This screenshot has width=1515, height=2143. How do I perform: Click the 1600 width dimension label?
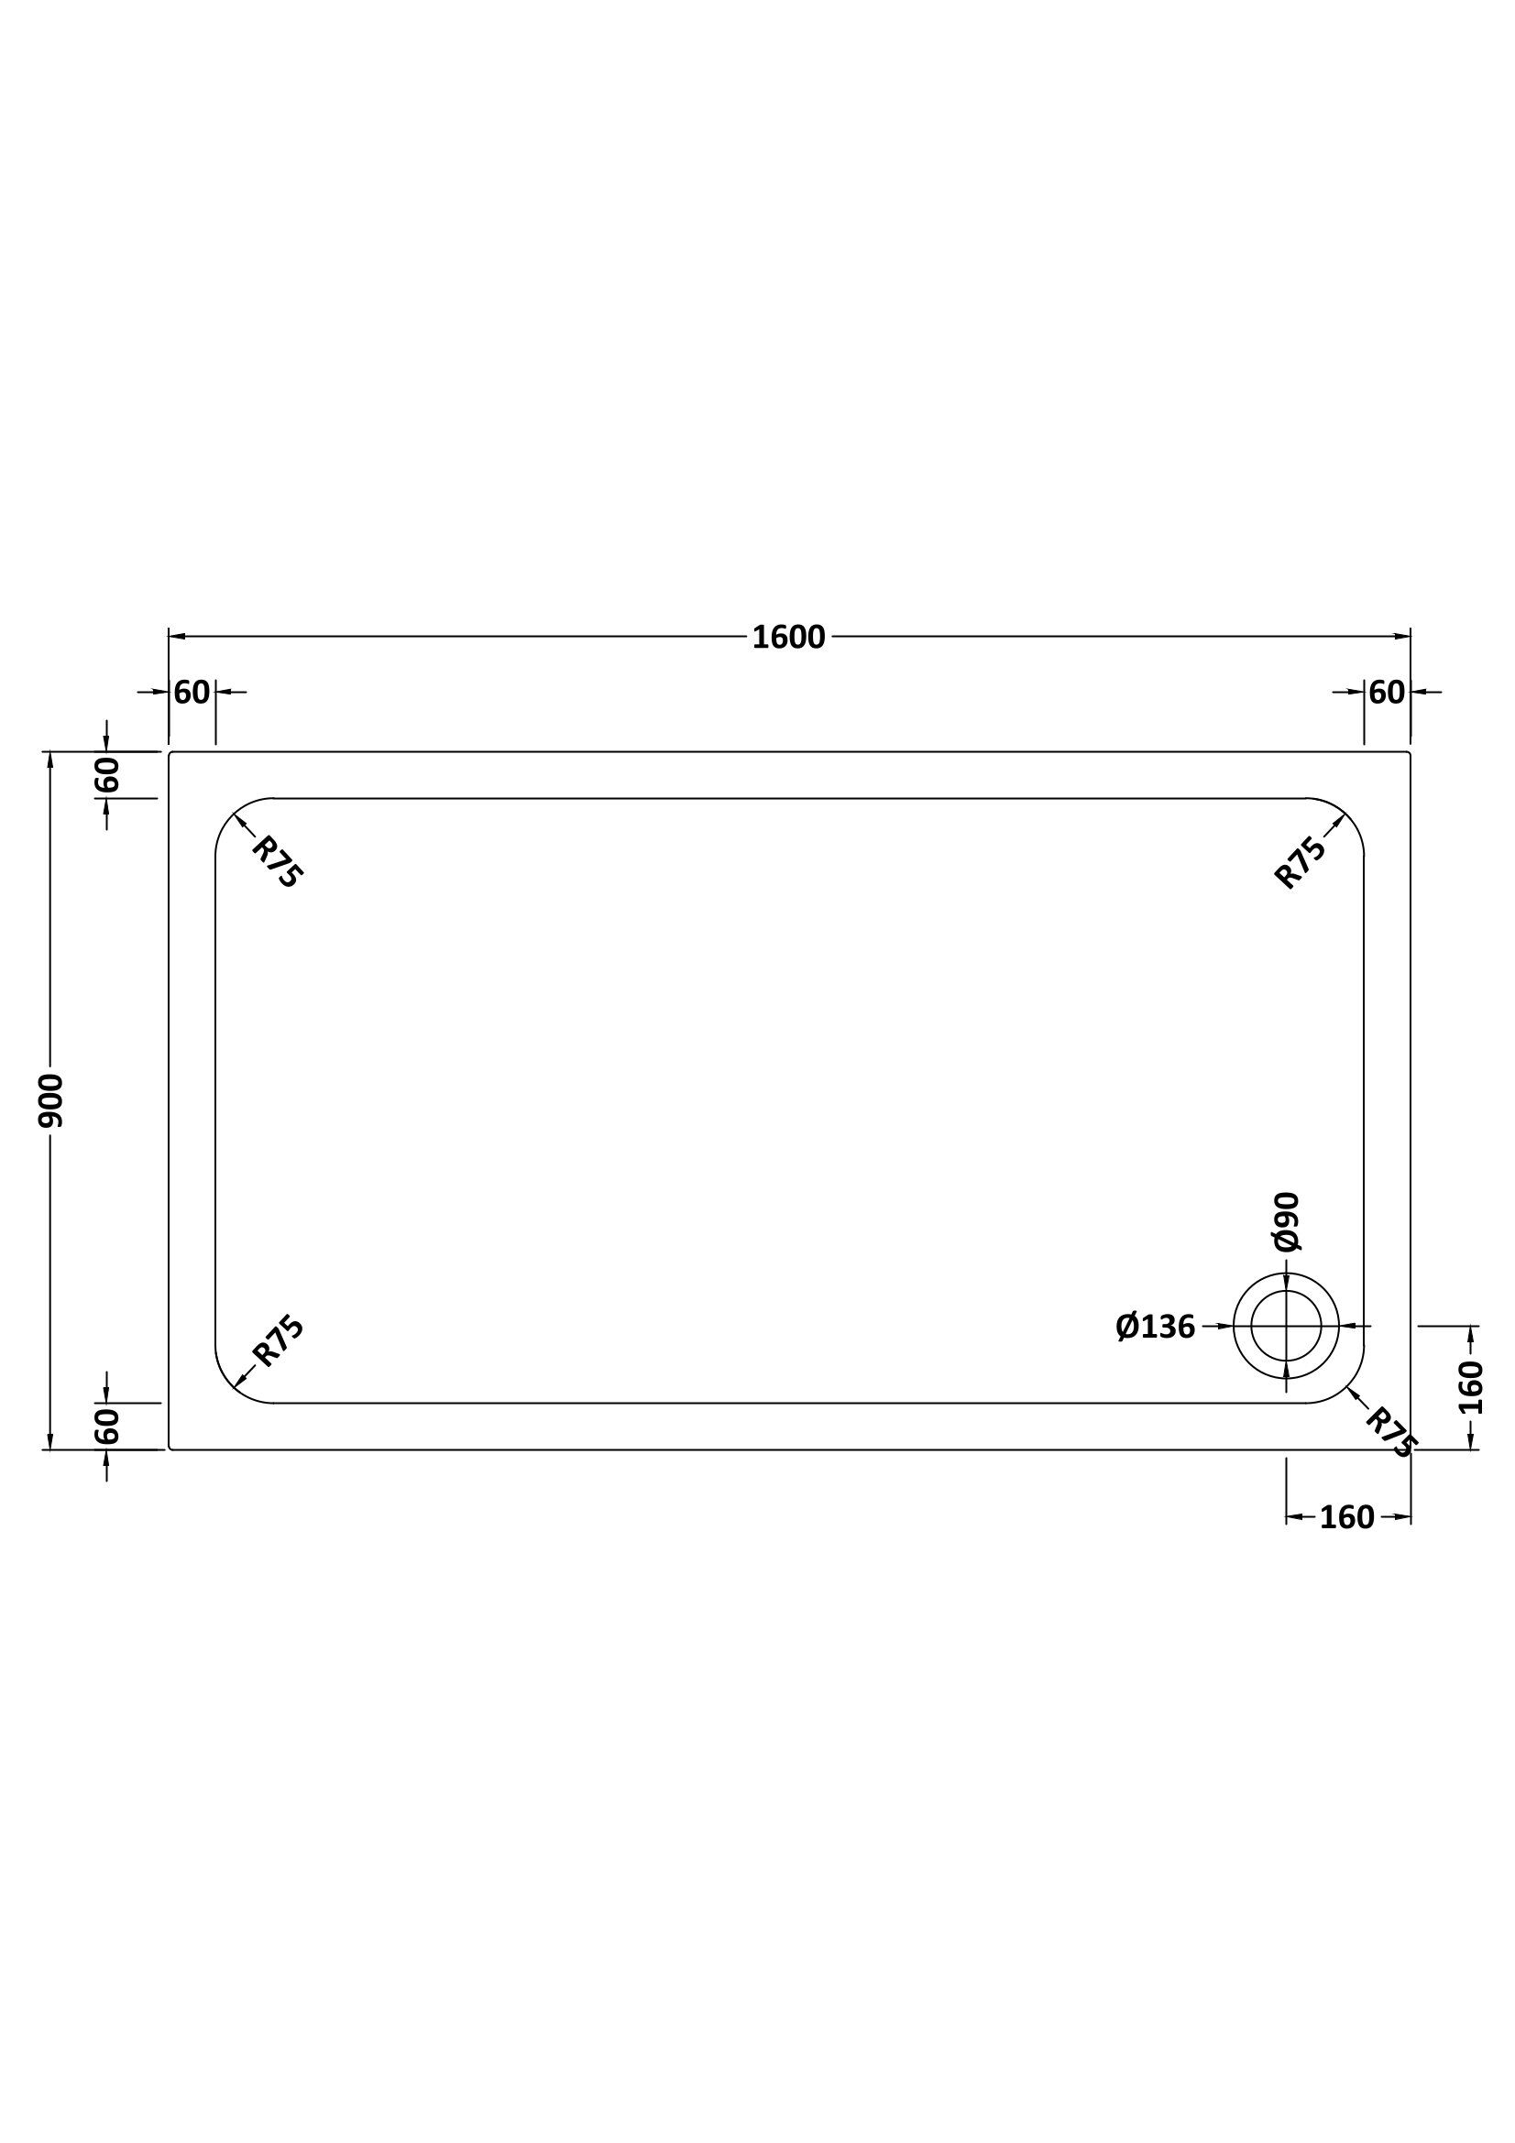click(789, 638)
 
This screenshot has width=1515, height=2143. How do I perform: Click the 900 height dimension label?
click(50, 1100)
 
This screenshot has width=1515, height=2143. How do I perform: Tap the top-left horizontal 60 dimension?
click(192, 693)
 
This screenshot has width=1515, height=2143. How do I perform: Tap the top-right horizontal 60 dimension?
click(1387, 693)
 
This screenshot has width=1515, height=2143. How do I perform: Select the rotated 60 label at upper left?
click(107, 775)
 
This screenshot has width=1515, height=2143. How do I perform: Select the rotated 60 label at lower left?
click(107, 1427)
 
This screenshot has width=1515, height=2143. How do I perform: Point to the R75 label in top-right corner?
click(1301, 861)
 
